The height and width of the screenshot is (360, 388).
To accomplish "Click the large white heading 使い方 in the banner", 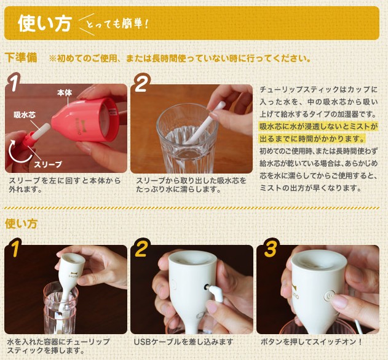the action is click(x=45, y=23).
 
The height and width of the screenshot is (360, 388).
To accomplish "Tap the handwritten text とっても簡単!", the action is click(x=117, y=24).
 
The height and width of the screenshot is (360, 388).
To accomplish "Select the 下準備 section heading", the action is click(x=21, y=58).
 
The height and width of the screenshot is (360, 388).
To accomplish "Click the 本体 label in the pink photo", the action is click(x=65, y=93).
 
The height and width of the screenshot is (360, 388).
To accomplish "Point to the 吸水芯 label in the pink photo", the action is click(x=25, y=114).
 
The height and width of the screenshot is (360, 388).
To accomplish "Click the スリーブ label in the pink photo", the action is click(x=48, y=164).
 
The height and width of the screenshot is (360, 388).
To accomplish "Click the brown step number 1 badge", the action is click(x=14, y=82).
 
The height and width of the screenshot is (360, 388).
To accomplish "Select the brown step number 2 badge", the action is click(x=141, y=83).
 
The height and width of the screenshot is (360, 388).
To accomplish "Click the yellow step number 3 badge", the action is click(x=270, y=249).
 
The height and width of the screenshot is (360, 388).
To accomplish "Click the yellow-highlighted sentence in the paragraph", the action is click(x=319, y=132).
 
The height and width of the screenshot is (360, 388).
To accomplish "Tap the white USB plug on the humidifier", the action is click(x=216, y=292).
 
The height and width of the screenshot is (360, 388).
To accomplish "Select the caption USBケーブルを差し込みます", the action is click(x=183, y=342).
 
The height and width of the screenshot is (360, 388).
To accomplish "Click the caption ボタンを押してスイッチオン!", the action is click(x=311, y=342).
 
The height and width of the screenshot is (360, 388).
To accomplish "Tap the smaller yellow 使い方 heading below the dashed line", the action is click(x=21, y=224).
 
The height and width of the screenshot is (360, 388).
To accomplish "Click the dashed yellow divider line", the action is click(x=192, y=208).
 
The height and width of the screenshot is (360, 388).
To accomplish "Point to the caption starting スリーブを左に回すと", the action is click(x=65, y=185).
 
